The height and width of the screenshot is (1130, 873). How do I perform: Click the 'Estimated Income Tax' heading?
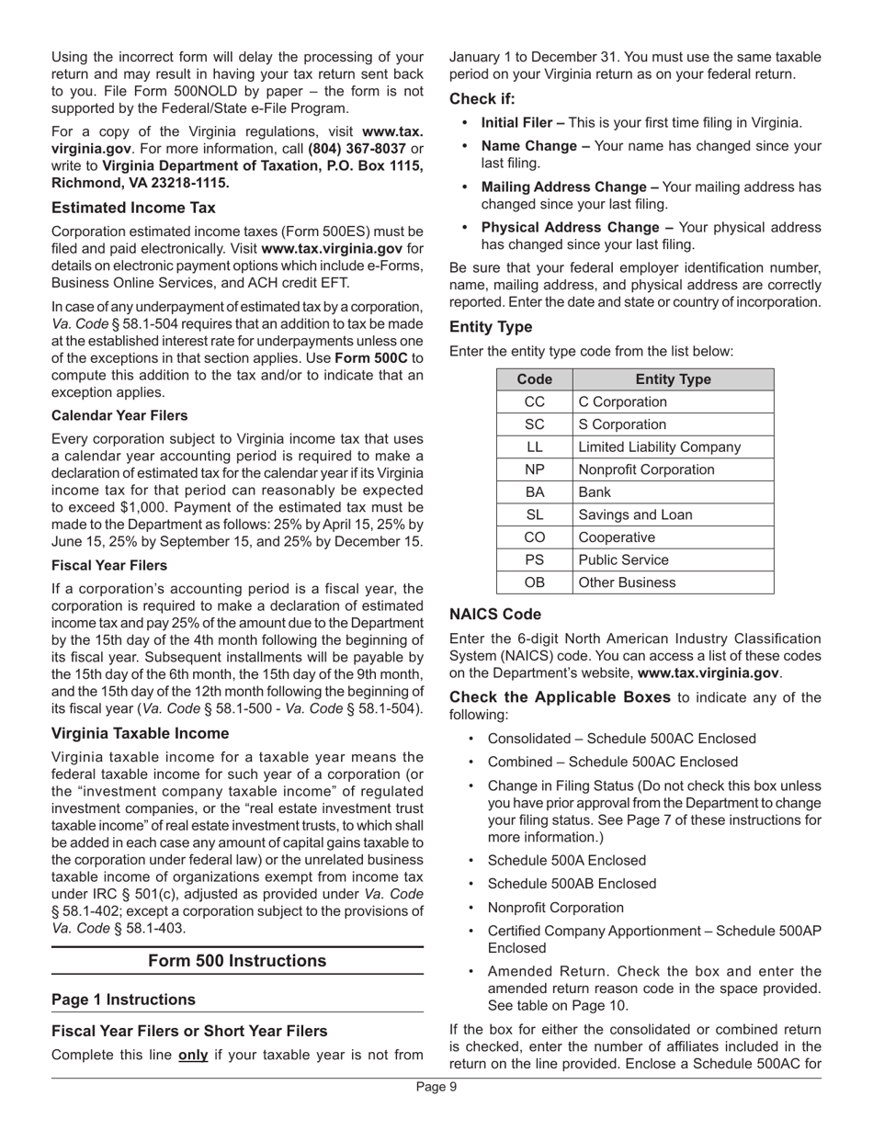coord(133,208)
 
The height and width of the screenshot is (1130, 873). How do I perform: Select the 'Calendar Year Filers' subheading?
coord(119,415)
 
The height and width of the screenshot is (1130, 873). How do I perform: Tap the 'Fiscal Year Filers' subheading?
coord(109,565)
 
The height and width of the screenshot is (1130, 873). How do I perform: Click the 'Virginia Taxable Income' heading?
coord(141,733)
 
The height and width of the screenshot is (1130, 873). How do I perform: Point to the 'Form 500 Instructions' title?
coord(237,961)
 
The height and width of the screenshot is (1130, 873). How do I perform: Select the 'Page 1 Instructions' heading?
coord(123,1000)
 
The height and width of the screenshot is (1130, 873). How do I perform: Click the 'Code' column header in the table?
coord(534,379)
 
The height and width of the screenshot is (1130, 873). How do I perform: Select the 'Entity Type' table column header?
coord(673,379)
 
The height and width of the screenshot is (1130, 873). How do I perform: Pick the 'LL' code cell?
coord(534,447)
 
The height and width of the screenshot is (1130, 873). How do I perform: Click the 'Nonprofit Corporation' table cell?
coord(645,469)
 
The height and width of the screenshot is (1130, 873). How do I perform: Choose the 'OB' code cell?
coord(534,582)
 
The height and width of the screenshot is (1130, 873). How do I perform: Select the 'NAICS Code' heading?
coord(494,615)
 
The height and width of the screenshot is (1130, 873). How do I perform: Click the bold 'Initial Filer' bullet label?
coord(523,122)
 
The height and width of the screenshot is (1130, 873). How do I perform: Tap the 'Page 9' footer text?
coord(436,1087)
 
